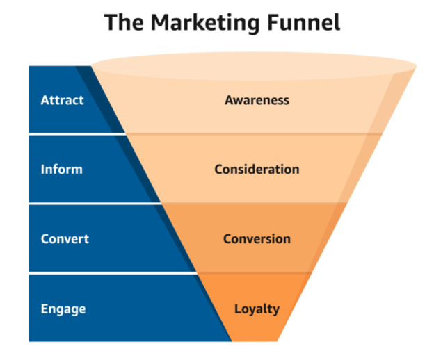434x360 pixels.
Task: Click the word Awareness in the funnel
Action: (257, 100)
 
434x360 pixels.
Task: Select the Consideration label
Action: (257, 170)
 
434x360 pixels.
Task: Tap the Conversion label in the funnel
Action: (257, 239)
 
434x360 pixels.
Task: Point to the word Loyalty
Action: (257, 308)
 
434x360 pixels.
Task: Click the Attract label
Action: (62, 100)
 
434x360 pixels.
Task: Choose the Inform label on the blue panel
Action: (61, 170)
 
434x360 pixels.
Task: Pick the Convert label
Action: (65, 239)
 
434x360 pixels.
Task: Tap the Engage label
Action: (62, 308)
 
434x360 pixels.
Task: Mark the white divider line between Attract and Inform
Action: (70, 134)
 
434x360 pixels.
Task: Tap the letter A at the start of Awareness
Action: (229, 100)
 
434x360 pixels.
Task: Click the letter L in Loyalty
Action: (237, 308)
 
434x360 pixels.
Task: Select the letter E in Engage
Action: (43, 308)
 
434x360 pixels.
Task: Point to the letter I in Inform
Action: (42, 170)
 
